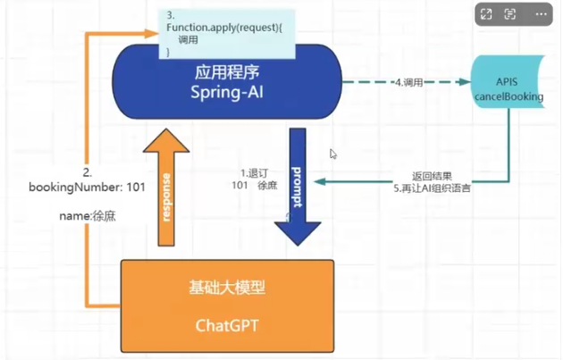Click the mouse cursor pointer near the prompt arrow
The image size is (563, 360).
[333, 154]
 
